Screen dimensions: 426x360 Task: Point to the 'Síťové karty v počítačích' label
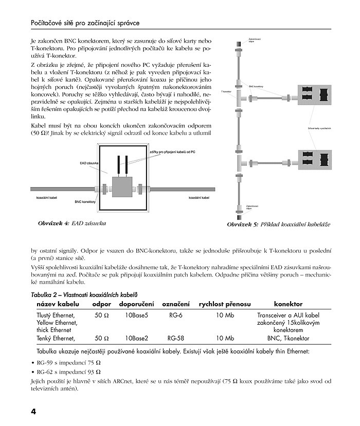tap(319, 127)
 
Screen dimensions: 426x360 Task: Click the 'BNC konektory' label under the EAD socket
tap(85, 202)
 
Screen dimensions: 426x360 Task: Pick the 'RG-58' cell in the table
tap(175, 338)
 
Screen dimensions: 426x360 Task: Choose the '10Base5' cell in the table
tap(137, 314)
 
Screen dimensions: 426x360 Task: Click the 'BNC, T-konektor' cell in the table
tap(288, 338)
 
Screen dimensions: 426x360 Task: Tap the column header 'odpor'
tap(102, 304)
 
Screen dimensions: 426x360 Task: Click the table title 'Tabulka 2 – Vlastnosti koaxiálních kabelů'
tap(84, 294)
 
